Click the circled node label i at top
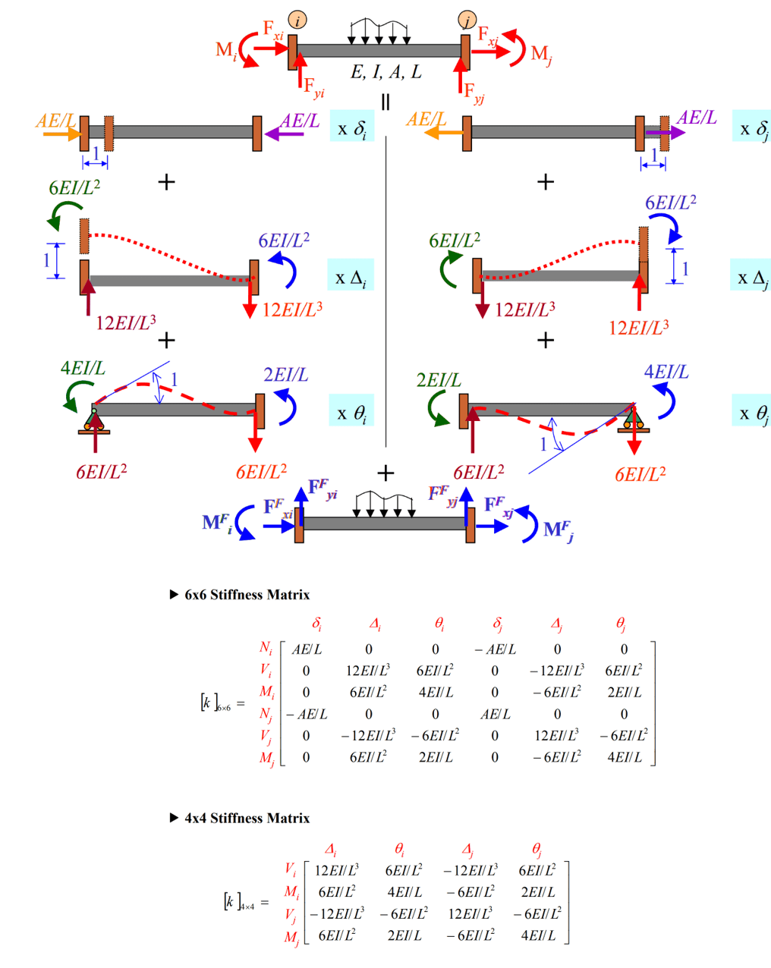pos(297,20)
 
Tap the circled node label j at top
pos(467,20)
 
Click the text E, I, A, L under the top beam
pos(385,73)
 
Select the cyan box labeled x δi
pos(352,128)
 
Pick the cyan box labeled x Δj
pos(753,278)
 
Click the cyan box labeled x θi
pos(352,412)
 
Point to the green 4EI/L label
pos(83,369)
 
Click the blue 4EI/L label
pos(666,372)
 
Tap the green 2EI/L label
pos(439,380)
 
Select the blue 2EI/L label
pos(285,375)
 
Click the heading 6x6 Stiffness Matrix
pos(247,595)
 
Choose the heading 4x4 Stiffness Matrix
pos(247,819)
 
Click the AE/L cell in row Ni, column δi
pos(307,649)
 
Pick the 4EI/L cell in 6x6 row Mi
pos(435,692)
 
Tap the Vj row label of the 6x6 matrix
pos(266,735)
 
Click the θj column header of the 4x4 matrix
pos(537,849)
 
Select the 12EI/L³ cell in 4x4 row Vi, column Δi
pos(336,870)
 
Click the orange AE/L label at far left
pos(55,121)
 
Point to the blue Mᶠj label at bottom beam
pos(559,530)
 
